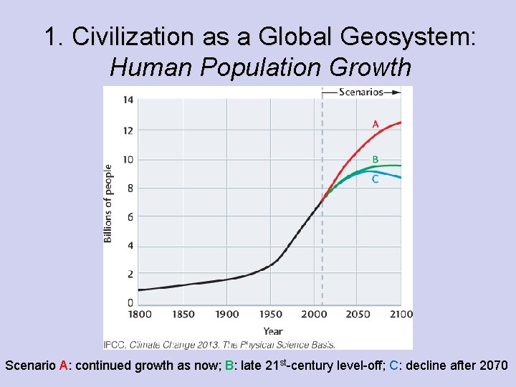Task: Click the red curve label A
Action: (x=376, y=125)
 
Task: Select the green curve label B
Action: (x=376, y=159)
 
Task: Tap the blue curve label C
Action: (x=376, y=179)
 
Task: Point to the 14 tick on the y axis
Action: (x=128, y=100)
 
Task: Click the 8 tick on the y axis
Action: (x=130, y=188)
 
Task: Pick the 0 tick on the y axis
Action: (x=130, y=302)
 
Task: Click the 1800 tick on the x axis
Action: (x=139, y=314)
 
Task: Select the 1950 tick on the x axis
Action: (x=271, y=314)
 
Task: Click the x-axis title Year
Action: (x=272, y=331)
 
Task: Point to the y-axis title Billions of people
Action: (x=108, y=203)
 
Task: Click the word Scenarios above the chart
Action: (x=360, y=92)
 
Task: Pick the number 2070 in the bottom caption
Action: (x=494, y=365)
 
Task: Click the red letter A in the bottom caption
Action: (x=63, y=365)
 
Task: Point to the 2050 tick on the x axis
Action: (x=358, y=314)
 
